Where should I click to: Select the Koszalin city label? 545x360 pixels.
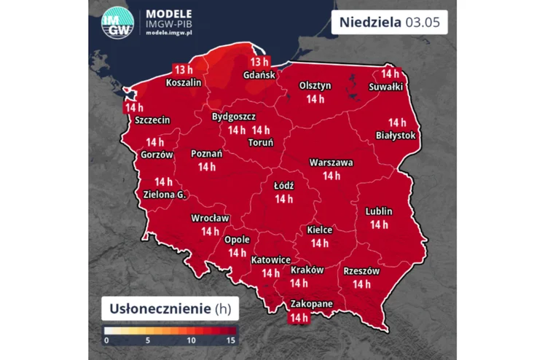pyautogui.click(x=184, y=82)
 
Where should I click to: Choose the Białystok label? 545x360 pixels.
pyautogui.click(x=396, y=136)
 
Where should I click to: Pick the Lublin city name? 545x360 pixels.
pyautogui.click(x=378, y=211)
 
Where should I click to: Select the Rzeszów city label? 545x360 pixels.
pyautogui.click(x=361, y=270)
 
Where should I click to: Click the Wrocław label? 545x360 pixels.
pyautogui.click(x=210, y=218)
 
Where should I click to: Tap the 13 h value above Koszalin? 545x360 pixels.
pyautogui.click(x=183, y=69)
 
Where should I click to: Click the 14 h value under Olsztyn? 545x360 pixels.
pyautogui.click(x=315, y=98)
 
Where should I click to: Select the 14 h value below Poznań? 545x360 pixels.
pyautogui.click(x=207, y=167)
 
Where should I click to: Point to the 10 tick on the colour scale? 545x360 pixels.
pyautogui.click(x=192, y=340)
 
